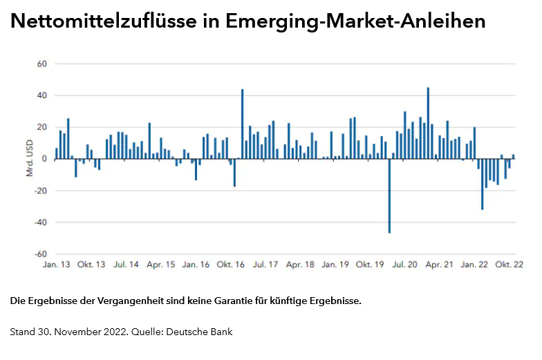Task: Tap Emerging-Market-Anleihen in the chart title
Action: (356, 22)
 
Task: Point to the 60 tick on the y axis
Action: (41, 64)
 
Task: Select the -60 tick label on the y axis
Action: (39, 254)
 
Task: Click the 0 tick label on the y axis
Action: (43, 159)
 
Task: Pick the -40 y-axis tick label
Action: (39, 222)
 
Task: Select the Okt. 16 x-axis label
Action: (230, 265)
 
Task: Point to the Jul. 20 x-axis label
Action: (404, 265)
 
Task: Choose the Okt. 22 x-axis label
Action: (508, 265)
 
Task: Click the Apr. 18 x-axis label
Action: (299, 265)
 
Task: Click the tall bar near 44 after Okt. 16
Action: (242, 124)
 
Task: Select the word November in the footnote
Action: (74, 332)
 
